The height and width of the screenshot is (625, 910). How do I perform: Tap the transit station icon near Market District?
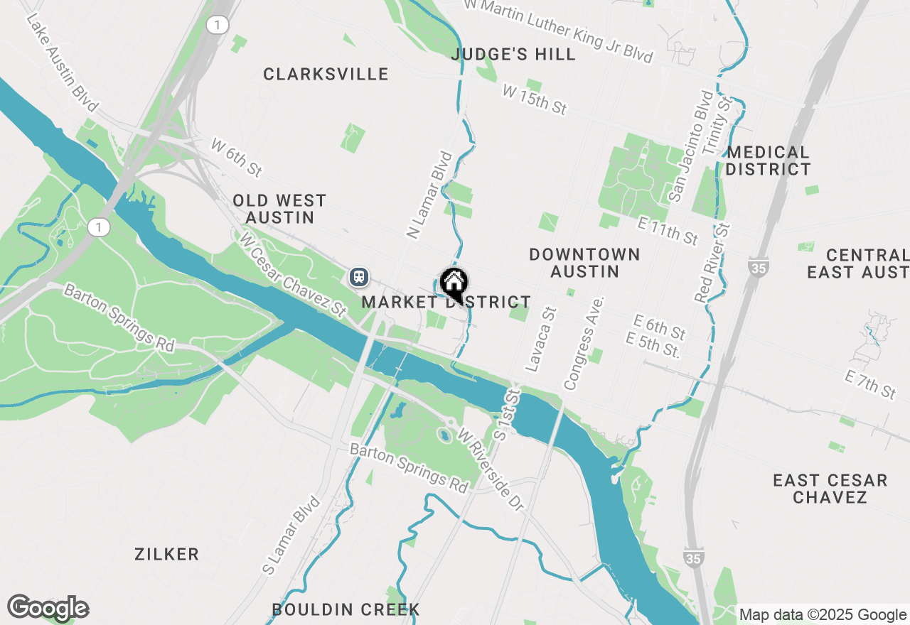tap(358, 276)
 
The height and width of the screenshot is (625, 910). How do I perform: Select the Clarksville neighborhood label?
tap(326, 75)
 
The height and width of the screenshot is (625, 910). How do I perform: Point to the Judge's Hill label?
tap(513, 55)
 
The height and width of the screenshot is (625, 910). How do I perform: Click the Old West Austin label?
tap(279, 209)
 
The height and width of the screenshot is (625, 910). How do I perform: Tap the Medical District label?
tap(768, 161)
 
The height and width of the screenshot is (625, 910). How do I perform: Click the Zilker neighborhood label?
tap(166, 554)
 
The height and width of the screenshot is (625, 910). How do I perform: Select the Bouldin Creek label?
tap(346, 609)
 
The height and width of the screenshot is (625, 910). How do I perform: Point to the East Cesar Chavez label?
tap(830, 489)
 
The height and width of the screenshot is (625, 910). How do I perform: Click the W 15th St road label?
tap(534, 99)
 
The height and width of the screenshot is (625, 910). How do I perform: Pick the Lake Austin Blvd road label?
tap(62, 62)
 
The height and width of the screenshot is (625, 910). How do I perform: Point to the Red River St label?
tap(713, 263)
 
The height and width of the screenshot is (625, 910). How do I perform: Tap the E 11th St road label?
tap(668, 232)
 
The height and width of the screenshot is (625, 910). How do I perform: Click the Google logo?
tap(48, 609)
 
